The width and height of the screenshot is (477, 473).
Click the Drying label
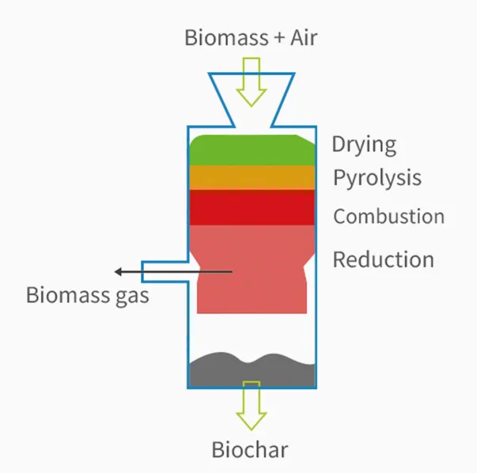pos(364,145)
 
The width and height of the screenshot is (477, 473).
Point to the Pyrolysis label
pos(377,178)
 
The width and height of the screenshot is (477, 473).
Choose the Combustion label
pos(388,216)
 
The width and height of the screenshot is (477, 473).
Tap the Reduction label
pos(383,259)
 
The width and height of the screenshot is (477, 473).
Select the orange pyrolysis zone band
pos(252,177)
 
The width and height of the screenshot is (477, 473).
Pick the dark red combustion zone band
pos(252,207)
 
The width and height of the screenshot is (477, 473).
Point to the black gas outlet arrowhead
pos(119,272)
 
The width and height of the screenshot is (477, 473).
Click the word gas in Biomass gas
pos(130,297)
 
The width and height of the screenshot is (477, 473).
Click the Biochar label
pos(250,451)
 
